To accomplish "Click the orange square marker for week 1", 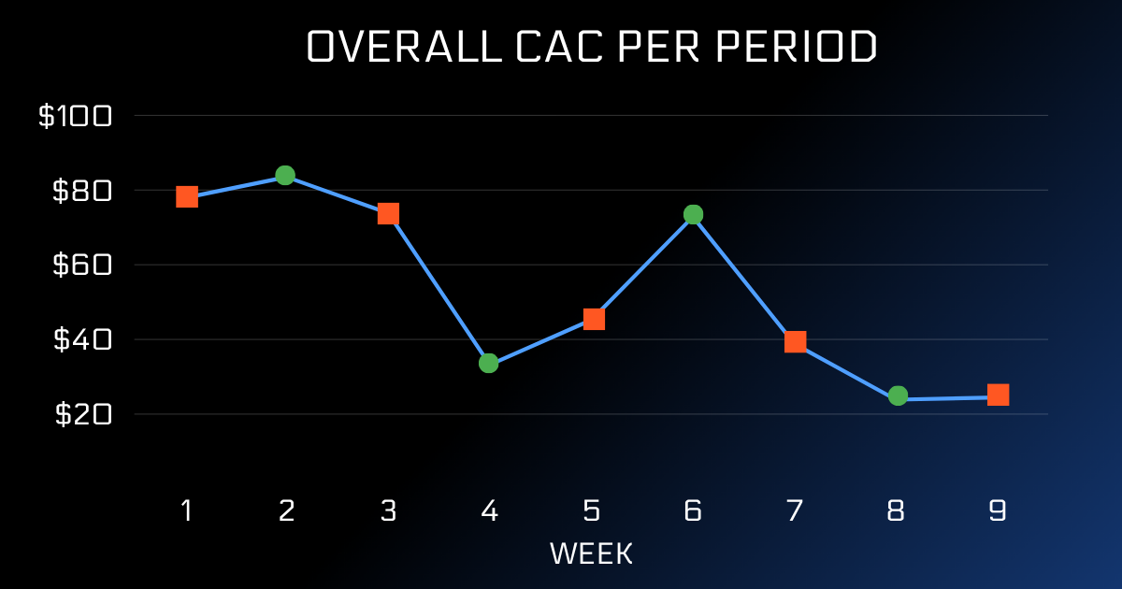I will (187, 196).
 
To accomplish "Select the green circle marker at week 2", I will (285, 175).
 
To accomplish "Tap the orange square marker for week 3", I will (388, 214).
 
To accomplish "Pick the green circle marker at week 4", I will (488, 363).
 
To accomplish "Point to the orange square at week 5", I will (594, 319).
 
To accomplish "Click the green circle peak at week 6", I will (693, 214).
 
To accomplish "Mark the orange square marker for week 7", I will (796, 341).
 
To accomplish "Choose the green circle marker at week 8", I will (898, 395).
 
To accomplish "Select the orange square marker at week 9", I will (998, 395).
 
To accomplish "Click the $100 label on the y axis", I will (75, 116).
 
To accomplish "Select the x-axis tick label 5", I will (591, 510).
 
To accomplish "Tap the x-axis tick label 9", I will (997, 510).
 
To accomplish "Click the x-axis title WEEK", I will (591, 553).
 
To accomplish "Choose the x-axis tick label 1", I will (187, 510).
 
